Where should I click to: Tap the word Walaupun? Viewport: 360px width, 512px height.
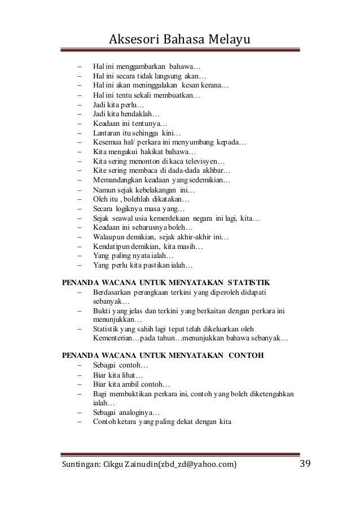pos(109,237)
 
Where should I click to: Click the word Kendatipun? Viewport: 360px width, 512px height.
pos(112,247)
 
